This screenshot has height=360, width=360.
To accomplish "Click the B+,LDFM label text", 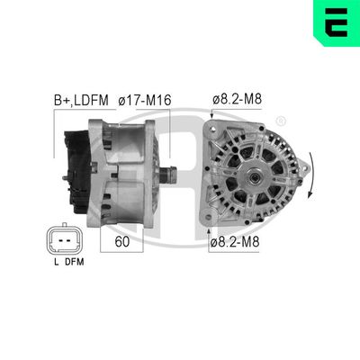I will click(x=76, y=102).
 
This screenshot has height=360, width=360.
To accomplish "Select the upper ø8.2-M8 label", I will click(x=238, y=102).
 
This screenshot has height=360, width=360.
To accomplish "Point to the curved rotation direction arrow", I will click(x=311, y=175).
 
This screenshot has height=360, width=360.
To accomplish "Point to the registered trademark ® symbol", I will click(x=282, y=121).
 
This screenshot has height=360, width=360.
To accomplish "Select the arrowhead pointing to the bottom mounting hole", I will click(x=209, y=232).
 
